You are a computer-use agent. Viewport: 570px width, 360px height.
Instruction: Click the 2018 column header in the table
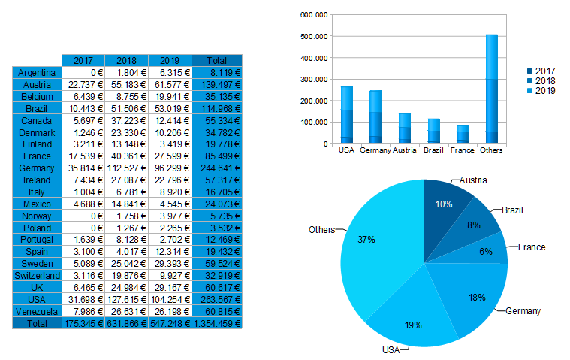(x=126, y=60)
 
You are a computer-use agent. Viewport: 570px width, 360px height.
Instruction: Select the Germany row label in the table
(x=37, y=168)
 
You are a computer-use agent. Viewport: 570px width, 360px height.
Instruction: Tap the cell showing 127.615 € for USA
(x=126, y=299)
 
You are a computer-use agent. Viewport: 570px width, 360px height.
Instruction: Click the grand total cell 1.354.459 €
(x=218, y=323)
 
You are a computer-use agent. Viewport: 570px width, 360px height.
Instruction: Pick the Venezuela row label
(x=37, y=311)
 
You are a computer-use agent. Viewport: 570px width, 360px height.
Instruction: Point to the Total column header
(x=218, y=60)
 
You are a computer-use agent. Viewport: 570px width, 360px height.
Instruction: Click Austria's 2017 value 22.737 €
(x=83, y=85)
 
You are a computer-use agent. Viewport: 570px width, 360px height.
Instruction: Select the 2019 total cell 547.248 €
(x=170, y=323)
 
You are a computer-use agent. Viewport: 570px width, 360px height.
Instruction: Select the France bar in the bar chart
(x=463, y=134)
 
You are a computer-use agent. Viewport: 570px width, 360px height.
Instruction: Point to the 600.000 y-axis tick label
(x=314, y=14)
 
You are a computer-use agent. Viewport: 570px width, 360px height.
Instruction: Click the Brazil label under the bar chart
(x=433, y=150)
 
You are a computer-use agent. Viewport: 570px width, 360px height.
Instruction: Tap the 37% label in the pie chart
(x=366, y=239)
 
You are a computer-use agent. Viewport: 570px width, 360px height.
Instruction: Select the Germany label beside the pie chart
(x=523, y=310)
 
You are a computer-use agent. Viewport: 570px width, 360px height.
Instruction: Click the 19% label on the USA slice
(x=412, y=325)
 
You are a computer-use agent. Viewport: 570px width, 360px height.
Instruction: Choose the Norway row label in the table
(x=37, y=216)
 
